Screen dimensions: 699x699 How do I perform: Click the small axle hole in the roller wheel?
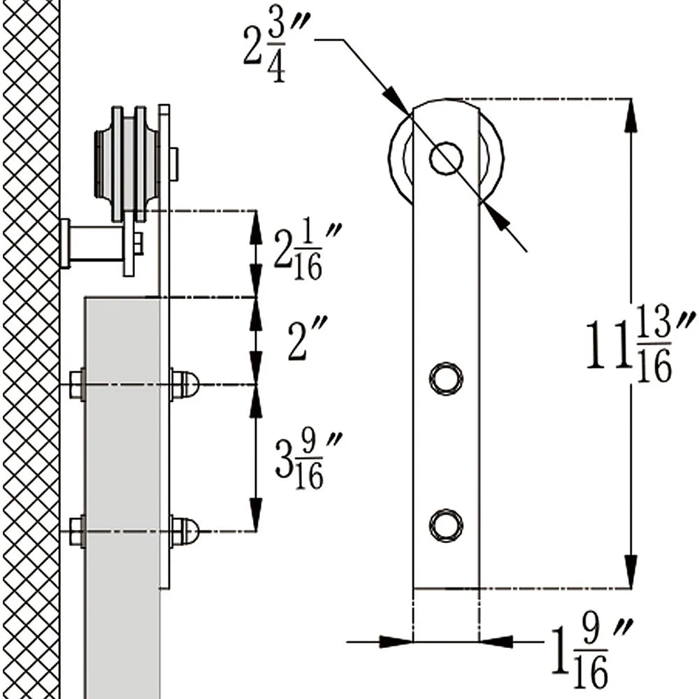click(x=445, y=158)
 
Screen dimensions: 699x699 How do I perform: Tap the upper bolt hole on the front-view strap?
click(x=445, y=378)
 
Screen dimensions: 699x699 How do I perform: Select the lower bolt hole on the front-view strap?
click(x=445, y=525)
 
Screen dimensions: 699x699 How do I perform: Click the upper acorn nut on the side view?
click(x=186, y=384)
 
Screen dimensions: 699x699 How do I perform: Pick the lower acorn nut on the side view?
click(x=186, y=531)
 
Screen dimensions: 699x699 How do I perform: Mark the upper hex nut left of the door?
click(x=77, y=384)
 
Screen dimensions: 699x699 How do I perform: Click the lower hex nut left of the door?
click(x=77, y=531)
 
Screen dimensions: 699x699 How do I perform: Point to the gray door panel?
click(x=122, y=489)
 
